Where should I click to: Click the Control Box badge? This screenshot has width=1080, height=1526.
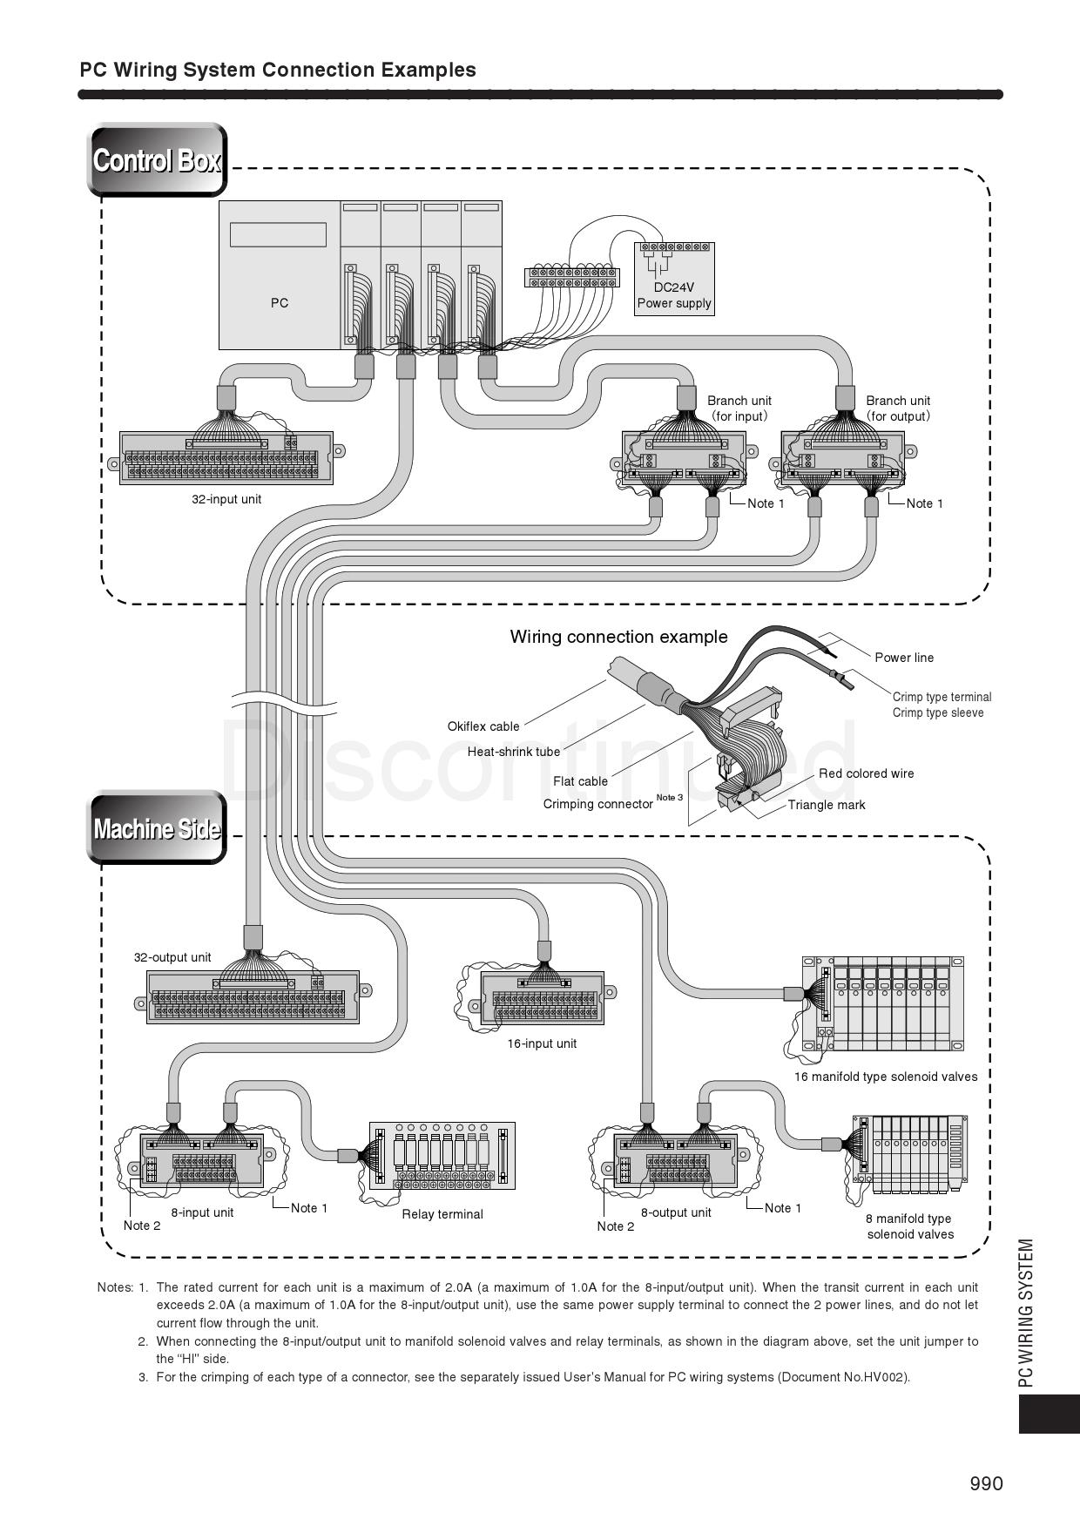157,160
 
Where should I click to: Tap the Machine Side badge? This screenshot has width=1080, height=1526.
157,827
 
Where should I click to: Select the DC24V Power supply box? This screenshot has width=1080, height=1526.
674,279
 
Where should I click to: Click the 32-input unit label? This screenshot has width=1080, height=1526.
226,499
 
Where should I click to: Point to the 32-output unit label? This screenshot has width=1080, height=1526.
172,957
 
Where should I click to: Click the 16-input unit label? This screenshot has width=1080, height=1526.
542,1043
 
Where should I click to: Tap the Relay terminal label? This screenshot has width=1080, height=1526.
442,1214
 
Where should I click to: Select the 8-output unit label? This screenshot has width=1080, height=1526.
676,1212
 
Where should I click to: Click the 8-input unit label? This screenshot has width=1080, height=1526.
202,1212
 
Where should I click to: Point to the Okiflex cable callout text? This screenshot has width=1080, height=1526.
483,726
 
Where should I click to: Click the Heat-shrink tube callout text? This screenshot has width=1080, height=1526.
514,752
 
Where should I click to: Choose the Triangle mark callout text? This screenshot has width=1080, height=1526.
827,805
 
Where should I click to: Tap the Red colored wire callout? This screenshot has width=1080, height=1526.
866,773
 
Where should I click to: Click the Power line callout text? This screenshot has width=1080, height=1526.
904,658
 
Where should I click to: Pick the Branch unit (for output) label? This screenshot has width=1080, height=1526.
898,408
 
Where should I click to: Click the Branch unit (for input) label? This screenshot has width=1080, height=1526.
739,408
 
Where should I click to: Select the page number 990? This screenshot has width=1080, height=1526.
986,1483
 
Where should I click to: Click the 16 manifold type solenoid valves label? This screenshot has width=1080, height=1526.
885,1077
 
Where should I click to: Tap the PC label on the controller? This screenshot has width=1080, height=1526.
279,303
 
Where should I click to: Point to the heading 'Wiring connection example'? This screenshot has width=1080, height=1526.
618,637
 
